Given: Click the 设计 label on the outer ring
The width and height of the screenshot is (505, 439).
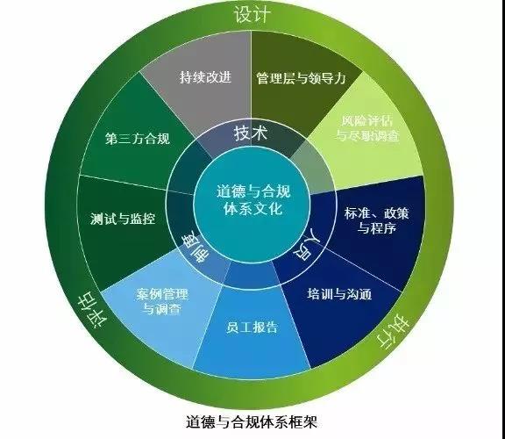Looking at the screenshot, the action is [252, 15].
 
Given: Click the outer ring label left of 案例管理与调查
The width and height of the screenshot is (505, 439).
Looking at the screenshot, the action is [91, 310].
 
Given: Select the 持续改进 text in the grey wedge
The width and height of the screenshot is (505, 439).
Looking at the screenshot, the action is [205, 77].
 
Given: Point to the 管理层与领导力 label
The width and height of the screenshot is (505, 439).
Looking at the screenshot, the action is [301, 78].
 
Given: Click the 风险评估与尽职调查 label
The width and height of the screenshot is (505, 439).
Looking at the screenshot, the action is [367, 128].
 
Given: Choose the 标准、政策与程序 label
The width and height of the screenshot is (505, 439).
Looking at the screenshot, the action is [376, 220].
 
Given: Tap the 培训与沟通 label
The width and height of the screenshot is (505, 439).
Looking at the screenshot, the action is [339, 294].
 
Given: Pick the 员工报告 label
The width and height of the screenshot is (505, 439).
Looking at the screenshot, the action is [252, 327].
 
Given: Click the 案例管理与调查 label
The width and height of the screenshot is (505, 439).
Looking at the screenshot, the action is [161, 301].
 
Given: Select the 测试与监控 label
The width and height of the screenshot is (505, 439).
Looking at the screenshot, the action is [123, 219].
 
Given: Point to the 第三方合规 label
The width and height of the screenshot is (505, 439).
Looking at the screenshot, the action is [138, 139].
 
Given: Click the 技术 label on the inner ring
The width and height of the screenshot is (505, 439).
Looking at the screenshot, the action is [251, 133].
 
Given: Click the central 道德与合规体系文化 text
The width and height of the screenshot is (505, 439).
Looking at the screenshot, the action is [253, 200].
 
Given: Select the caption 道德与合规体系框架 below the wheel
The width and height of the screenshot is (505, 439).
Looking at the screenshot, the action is [252, 421].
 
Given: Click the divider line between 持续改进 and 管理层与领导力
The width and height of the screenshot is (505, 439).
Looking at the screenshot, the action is [252, 80].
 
